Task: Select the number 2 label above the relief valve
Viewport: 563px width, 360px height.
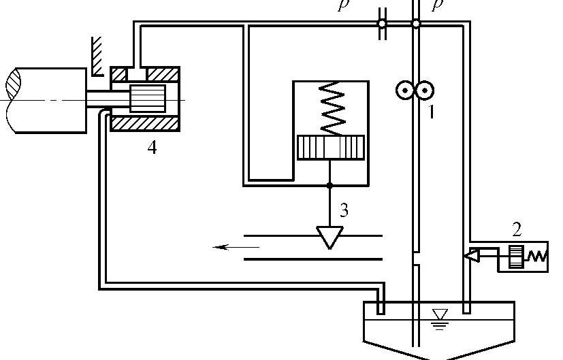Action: pos(519,229)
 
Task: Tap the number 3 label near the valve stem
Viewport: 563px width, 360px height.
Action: pos(344,210)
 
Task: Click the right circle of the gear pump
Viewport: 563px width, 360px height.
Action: pos(425,90)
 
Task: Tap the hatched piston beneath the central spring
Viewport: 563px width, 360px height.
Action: pos(331,148)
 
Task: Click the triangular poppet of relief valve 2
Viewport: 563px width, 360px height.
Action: pos(471,256)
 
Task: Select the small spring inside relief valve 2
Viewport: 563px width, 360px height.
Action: pos(538,257)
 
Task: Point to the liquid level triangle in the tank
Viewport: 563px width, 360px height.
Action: pos(440,314)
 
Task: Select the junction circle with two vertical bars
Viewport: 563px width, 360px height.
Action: pos(382,24)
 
